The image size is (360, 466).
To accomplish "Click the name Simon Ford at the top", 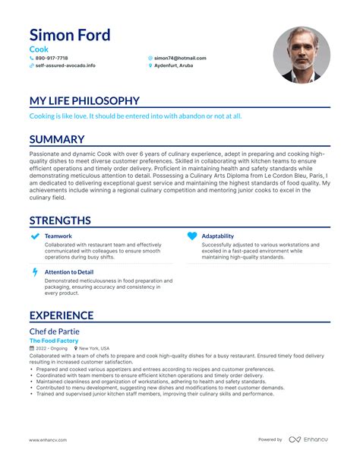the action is [70, 35].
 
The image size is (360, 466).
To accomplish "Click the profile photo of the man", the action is [302, 55].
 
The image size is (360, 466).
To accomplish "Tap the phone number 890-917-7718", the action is [51, 58].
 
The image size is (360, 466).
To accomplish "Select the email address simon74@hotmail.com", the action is [180, 58].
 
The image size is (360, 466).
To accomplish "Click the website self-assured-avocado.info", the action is [65, 65].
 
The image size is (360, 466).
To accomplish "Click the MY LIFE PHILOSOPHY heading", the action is [84, 101].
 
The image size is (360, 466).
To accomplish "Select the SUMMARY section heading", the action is [57, 140].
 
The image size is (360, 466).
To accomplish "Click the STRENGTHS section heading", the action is [60, 220].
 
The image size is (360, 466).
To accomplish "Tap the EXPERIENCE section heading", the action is [62, 315].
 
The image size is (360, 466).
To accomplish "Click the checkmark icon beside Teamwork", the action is [35, 236].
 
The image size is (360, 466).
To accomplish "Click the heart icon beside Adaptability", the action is [191, 236].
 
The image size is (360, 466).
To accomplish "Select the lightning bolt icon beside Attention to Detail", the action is [35, 272].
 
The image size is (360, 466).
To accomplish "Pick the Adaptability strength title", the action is [217, 236].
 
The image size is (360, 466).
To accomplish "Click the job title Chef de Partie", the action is [55, 331].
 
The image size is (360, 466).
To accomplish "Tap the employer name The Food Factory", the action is [54, 341].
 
